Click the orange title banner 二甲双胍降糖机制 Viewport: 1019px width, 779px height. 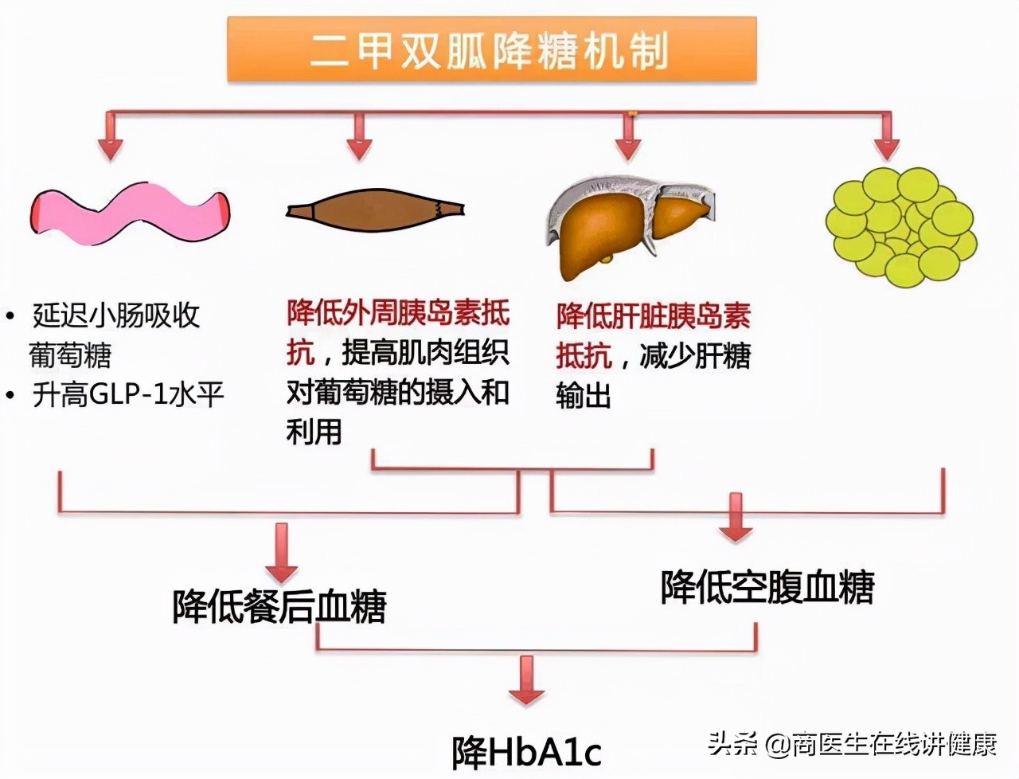point(491,49)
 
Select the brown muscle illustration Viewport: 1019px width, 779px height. point(374,210)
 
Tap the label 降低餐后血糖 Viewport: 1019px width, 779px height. point(279,606)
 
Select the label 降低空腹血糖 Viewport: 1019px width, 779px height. point(767,587)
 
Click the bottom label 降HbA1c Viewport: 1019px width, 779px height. point(526,751)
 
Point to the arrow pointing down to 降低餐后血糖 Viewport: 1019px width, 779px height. point(281,554)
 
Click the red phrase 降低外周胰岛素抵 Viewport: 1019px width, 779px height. point(398,313)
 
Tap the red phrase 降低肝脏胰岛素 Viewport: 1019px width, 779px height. point(653,316)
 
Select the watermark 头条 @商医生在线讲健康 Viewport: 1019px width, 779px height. point(852,745)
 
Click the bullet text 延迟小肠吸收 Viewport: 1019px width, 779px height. point(116,316)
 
